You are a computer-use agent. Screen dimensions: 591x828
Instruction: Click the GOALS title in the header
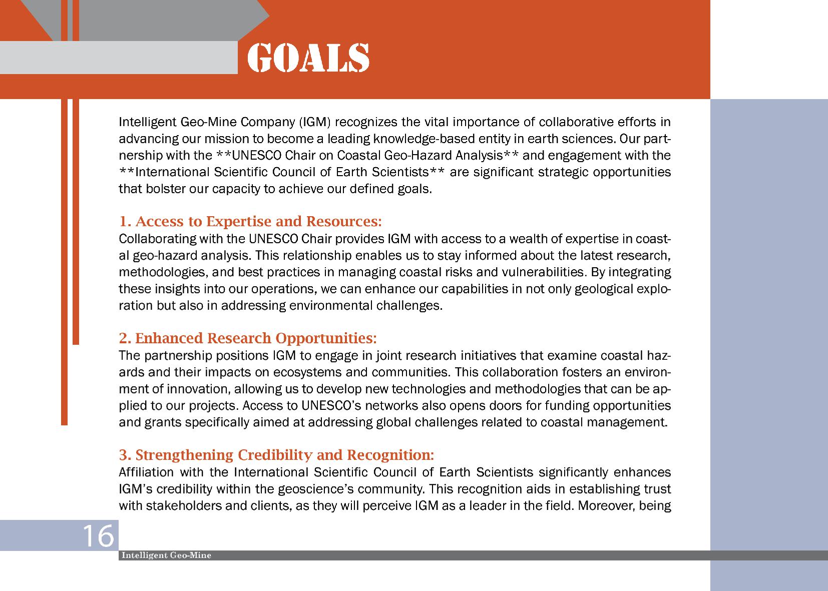[308, 58]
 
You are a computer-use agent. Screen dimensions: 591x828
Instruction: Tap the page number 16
[98, 536]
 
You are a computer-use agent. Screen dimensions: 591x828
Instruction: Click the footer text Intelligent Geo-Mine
[166, 555]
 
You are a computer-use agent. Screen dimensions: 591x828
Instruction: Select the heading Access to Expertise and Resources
[250, 221]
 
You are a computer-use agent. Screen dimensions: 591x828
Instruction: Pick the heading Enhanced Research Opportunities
[248, 338]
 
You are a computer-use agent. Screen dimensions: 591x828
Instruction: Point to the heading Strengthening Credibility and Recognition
[276, 455]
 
